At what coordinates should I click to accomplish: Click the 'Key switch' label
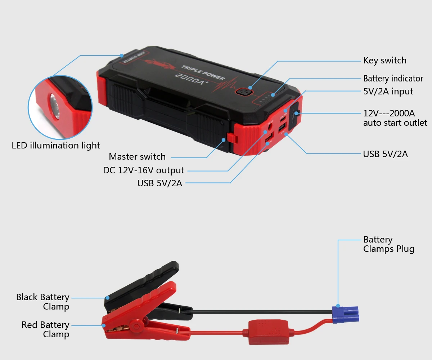point(384,61)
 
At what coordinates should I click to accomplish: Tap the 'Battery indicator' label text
point(393,79)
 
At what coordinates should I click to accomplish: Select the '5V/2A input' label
point(388,92)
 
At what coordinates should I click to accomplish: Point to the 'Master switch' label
point(137,157)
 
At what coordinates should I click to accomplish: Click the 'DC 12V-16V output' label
point(143,170)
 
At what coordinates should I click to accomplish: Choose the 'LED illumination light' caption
point(56,146)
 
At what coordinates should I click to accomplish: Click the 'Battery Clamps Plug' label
point(388,244)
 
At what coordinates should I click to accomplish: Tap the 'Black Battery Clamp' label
point(42,302)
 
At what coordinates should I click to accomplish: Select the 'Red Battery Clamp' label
point(45,330)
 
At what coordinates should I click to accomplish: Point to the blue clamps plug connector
point(345,315)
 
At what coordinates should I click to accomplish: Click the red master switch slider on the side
point(231,138)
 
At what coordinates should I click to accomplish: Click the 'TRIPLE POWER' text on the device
point(203,72)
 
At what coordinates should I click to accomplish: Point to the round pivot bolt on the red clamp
point(136,326)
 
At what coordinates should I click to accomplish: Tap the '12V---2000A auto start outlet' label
point(395,118)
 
